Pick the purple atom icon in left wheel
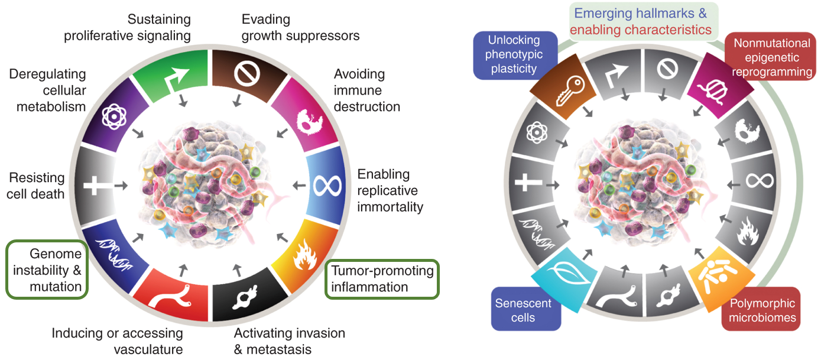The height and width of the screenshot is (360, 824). tap(111, 118)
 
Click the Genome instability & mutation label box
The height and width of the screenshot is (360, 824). tap(47, 270)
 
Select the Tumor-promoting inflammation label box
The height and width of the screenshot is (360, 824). tap(382, 279)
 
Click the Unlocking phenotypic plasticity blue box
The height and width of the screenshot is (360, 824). tap(514, 54)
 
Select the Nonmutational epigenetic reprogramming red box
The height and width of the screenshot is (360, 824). tap(771, 57)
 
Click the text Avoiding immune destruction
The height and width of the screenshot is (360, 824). tap(366, 90)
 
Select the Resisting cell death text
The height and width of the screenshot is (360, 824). tap(36, 186)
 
